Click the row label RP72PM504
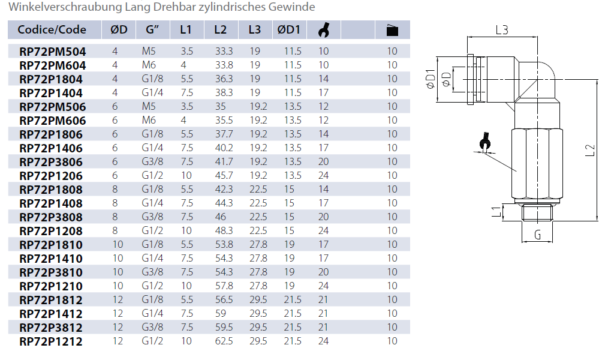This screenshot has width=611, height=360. tap(53, 52)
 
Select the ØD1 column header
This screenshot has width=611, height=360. tap(289, 29)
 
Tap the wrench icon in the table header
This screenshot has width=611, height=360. tap(323, 29)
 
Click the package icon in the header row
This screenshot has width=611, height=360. tap(392, 30)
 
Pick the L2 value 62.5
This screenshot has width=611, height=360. tap(224, 341)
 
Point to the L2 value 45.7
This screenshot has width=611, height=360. tap(224, 176)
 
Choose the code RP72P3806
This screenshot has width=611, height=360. tap(51, 162)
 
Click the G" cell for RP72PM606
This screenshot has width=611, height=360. tap(149, 120)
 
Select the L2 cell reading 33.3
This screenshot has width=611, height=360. tap(224, 51)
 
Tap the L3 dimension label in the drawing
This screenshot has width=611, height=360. tap(502, 30)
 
